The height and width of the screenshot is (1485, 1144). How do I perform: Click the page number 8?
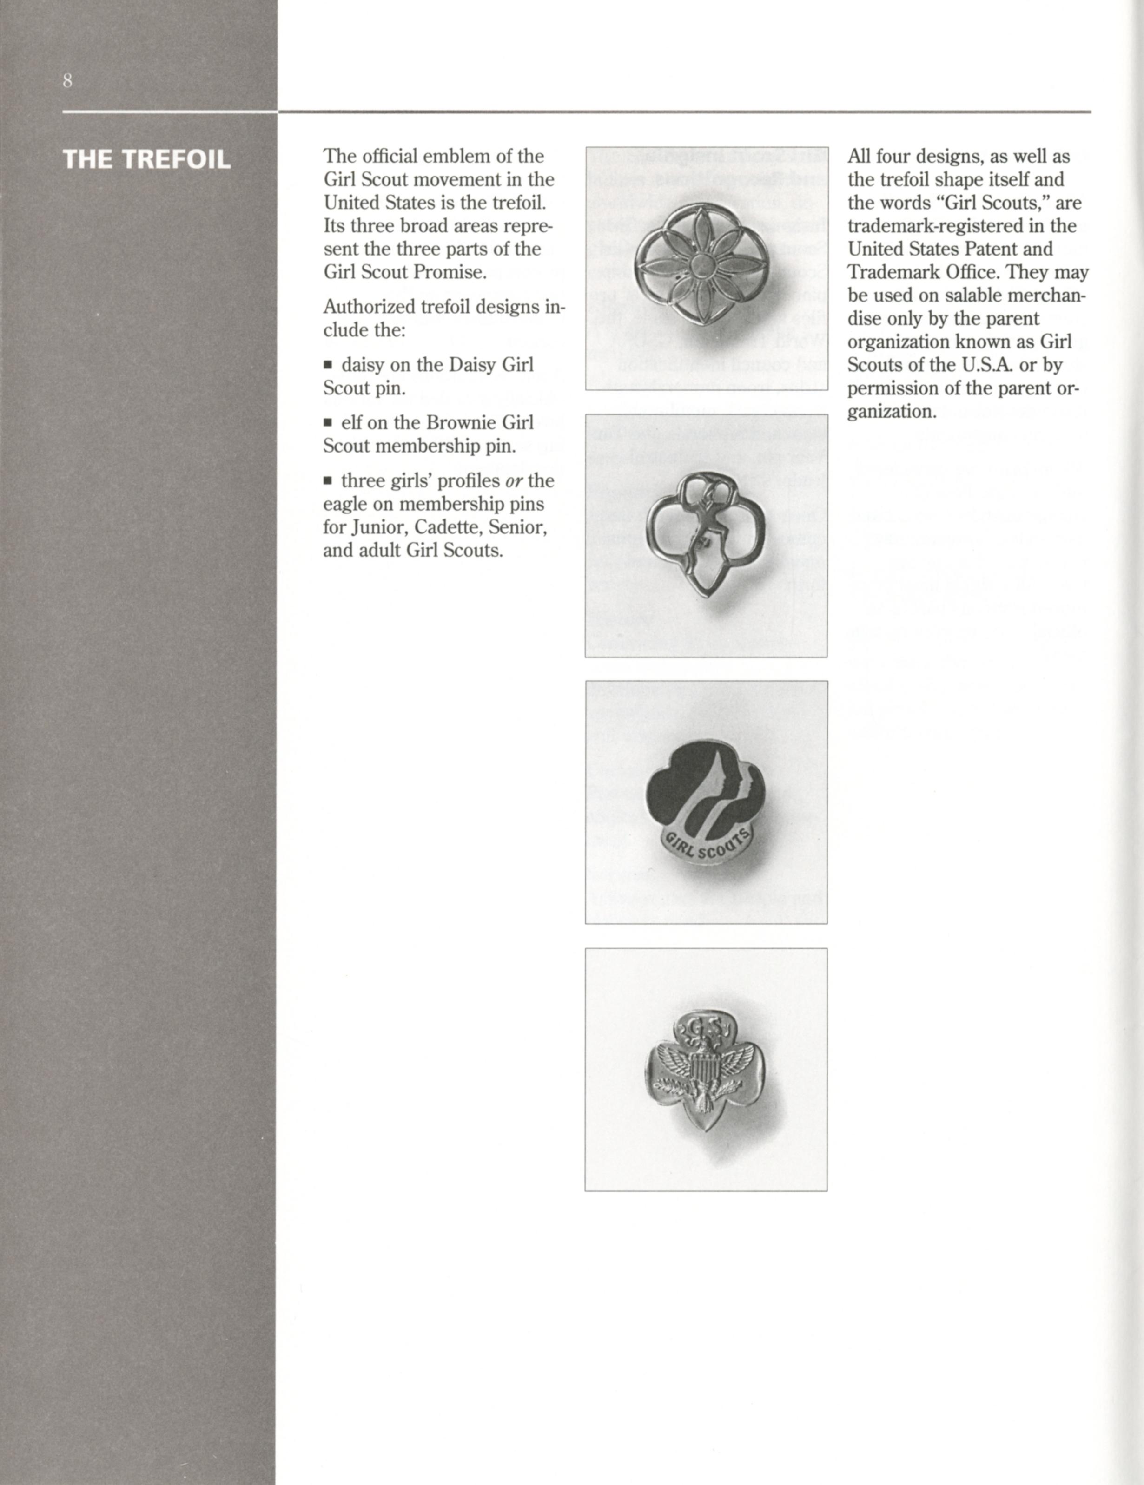coord(67,81)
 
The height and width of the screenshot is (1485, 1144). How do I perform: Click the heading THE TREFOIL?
coord(146,160)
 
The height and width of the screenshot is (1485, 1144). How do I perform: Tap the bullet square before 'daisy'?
coord(328,365)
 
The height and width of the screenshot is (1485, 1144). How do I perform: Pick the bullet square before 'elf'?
coord(328,423)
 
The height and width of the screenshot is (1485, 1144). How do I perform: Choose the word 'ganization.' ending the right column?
coord(892,411)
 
